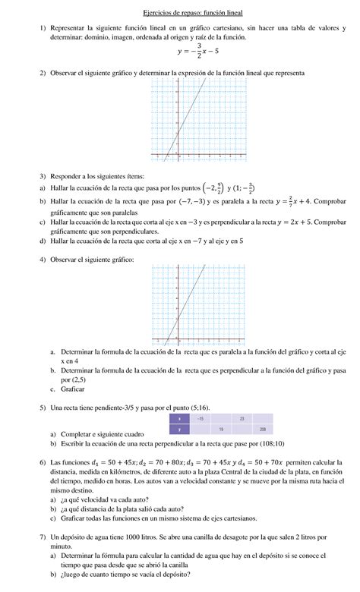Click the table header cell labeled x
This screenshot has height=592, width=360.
[180, 419]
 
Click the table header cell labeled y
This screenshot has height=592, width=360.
[180, 430]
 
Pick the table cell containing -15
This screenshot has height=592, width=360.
[201, 419]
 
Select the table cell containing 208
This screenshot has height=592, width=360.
[262, 430]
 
